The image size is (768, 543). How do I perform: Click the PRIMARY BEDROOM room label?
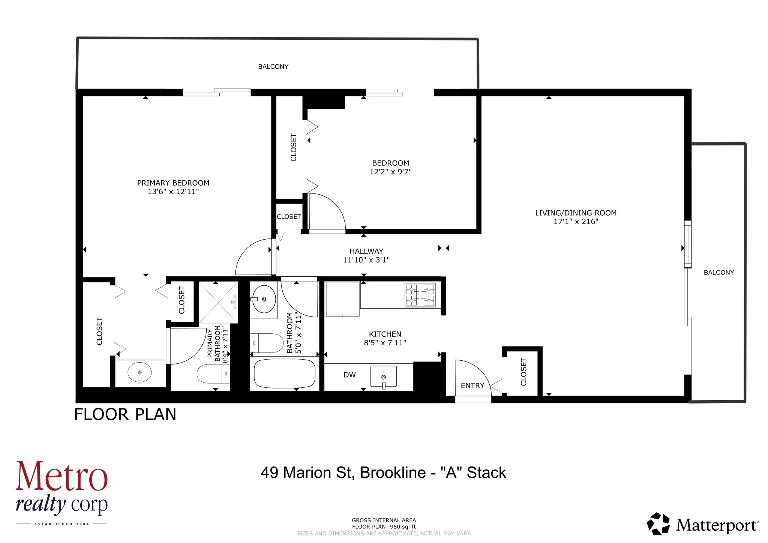click(x=173, y=183)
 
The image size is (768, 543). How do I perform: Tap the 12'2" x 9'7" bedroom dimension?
click(x=390, y=172)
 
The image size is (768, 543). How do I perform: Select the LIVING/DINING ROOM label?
click(x=576, y=213)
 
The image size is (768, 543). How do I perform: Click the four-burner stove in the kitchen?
click(x=420, y=295)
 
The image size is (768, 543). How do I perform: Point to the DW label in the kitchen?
click(x=349, y=375)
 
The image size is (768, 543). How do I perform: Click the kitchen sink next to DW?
click(x=383, y=376)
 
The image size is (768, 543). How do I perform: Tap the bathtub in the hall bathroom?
click(x=285, y=374)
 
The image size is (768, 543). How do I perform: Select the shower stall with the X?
click(x=218, y=302)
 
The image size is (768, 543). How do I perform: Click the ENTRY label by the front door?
click(x=472, y=386)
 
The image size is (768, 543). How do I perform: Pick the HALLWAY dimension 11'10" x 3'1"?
click(x=366, y=260)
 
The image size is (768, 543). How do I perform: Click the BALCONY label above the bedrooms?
click(x=273, y=67)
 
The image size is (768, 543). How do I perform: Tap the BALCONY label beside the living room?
click(x=718, y=273)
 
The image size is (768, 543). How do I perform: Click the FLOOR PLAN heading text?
click(x=125, y=414)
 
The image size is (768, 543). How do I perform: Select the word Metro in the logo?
click(x=61, y=477)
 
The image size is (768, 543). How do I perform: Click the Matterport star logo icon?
click(x=658, y=524)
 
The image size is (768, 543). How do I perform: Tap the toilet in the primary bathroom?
click(x=212, y=374)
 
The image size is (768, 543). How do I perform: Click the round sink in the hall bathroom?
click(x=264, y=299)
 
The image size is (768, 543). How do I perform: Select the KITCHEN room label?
click(x=385, y=334)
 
